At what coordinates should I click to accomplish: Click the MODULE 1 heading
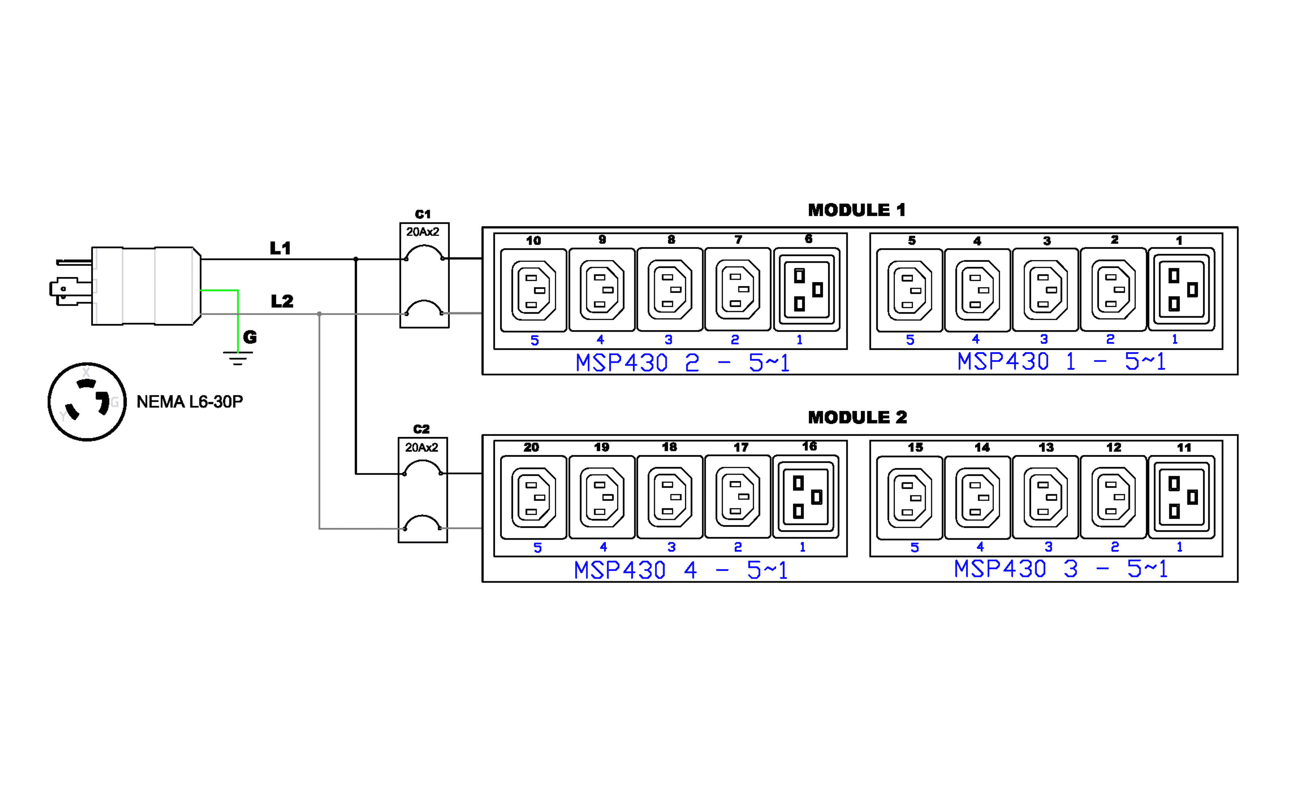click(857, 210)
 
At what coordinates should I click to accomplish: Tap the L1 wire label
click(280, 248)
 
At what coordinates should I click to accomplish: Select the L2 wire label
click(282, 302)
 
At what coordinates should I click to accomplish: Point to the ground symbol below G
click(238, 358)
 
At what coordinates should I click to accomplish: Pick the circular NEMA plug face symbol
click(87, 402)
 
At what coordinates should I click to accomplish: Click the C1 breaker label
click(423, 214)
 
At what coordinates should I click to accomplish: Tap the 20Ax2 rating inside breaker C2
click(421, 447)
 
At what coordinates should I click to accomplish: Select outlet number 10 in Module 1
click(533, 290)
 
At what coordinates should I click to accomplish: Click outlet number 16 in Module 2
click(805, 497)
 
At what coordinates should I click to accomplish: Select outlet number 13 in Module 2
click(1045, 497)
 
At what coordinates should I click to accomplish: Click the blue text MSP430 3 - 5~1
click(1061, 569)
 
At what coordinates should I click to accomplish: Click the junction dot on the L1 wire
click(356, 259)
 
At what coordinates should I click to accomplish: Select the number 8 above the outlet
click(671, 240)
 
